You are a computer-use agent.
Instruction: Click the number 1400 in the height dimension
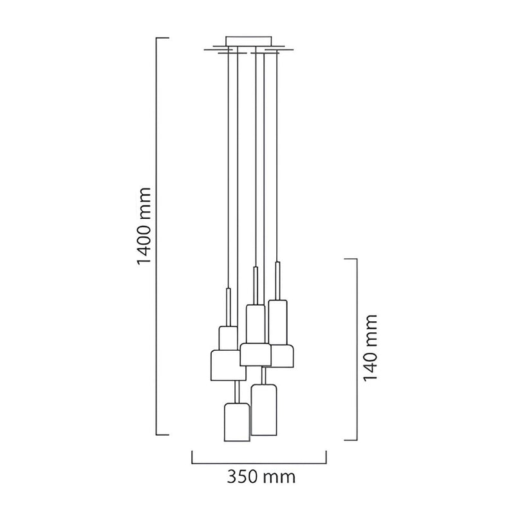[144, 243]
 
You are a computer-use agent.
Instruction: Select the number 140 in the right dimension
[371, 365]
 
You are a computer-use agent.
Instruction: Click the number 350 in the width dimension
[243, 476]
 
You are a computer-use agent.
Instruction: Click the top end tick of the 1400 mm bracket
[163, 38]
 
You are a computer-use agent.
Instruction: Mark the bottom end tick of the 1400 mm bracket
[163, 435]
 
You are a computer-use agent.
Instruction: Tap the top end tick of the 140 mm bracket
[350, 259]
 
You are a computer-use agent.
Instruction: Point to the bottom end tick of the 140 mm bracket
[350, 440]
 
